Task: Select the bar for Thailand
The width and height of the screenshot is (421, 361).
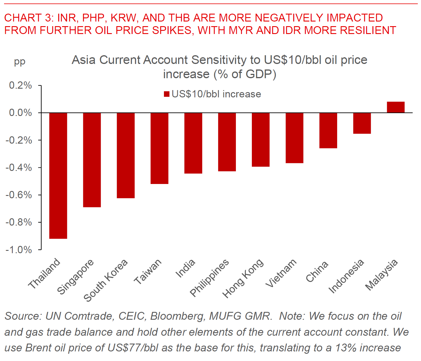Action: [58, 176]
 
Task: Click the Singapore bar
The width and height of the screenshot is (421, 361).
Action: [92, 160]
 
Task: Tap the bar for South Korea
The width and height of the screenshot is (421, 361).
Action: [126, 156]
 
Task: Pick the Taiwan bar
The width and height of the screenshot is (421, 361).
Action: [160, 148]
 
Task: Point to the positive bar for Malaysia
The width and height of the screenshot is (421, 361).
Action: [396, 107]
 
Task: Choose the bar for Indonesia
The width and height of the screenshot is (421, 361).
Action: [362, 123]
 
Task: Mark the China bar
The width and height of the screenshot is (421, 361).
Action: [328, 131]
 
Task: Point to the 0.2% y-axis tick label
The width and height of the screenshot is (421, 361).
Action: [20, 85]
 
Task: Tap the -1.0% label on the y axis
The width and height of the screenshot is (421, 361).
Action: [19, 250]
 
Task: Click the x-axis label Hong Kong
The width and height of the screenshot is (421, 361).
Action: [243, 278]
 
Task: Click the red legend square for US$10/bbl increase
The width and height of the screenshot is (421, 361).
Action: [167, 94]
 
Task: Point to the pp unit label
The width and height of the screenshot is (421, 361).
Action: [20, 62]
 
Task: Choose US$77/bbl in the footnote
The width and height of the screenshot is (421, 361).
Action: [133, 348]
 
